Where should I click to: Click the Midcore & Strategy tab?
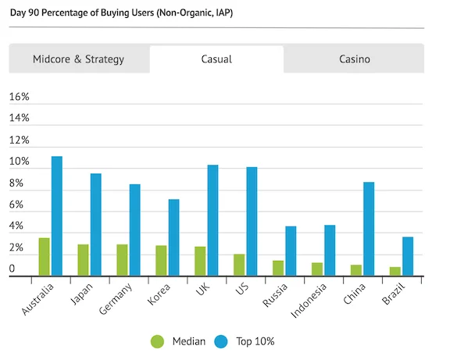[78, 59]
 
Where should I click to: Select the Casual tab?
[216, 59]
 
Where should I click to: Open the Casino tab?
[354, 59]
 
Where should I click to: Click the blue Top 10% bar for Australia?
[56, 216]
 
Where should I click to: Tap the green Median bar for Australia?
[44, 256]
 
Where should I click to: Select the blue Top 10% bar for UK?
[212, 220]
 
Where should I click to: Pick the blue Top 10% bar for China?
[369, 229]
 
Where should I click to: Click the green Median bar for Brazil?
[395, 271]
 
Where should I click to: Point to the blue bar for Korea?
[173, 237]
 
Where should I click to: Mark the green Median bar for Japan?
[83, 259]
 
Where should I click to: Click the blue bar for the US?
[252, 221]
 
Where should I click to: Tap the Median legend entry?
[179, 341]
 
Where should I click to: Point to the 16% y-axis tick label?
[19, 97]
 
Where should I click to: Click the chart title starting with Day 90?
[121, 13]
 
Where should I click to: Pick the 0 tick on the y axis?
[12, 269]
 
